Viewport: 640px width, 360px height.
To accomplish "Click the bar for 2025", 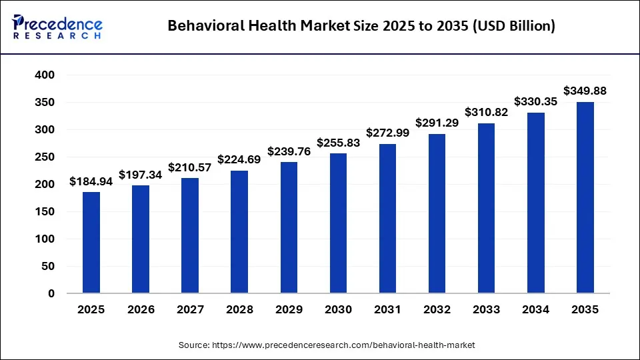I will click(91, 243).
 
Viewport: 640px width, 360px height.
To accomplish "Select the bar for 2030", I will click(338, 223).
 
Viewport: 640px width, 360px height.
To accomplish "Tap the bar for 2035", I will click(585, 197).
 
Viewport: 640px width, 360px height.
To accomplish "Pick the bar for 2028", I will click(239, 232).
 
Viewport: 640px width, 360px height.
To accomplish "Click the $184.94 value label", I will click(91, 182).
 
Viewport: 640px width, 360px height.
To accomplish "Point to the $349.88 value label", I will click(585, 91).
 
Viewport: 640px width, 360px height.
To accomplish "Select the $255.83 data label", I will click(338, 143).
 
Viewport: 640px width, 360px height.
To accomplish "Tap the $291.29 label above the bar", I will click(437, 123).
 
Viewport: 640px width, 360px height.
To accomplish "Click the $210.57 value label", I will click(190, 167).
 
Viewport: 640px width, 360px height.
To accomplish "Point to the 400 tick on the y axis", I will click(45, 75).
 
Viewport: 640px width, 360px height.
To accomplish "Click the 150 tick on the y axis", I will click(45, 212).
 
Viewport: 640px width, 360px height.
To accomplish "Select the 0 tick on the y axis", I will click(51, 294).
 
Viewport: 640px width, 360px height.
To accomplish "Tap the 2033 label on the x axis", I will click(486, 310).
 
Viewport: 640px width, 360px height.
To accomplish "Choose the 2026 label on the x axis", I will click(141, 310).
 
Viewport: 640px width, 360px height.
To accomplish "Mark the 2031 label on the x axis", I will click(387, 310).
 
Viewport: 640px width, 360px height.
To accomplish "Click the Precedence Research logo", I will click(57, 26).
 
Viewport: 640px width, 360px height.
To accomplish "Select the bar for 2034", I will click(535, 203).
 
